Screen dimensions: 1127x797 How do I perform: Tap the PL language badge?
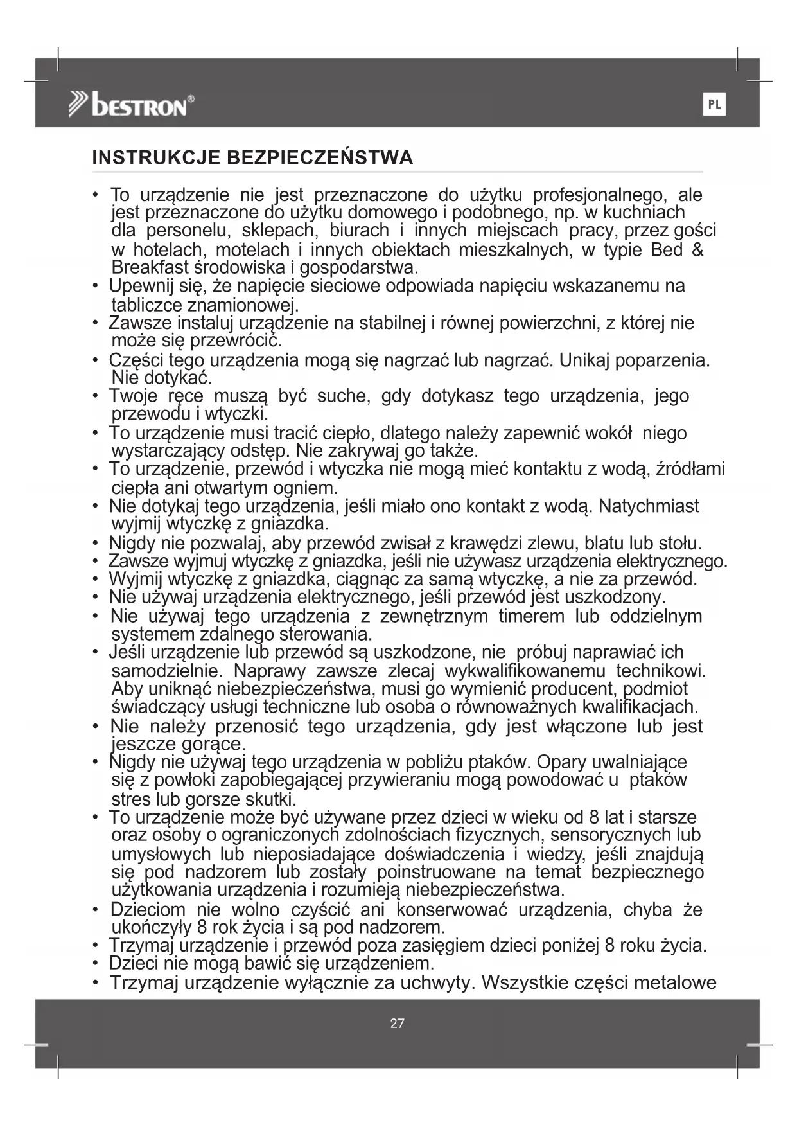click(x=714, y=105)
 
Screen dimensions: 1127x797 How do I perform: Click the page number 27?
click(x=398, y=1024)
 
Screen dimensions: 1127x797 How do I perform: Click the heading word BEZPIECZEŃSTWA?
click(x=320, y=158)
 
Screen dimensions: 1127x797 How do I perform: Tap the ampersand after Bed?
click(x=697, y=250)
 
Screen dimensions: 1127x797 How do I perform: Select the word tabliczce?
click(x=147, y=305)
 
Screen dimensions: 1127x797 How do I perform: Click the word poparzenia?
click(x=665, y=360)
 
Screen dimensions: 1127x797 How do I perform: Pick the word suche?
click(x=344, y=396)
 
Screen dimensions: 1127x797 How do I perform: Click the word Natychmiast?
click(x=649, y=506)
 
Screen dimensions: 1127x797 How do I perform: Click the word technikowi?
click(x=661, y=671)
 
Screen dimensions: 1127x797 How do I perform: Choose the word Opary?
click(x=560, y=763)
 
